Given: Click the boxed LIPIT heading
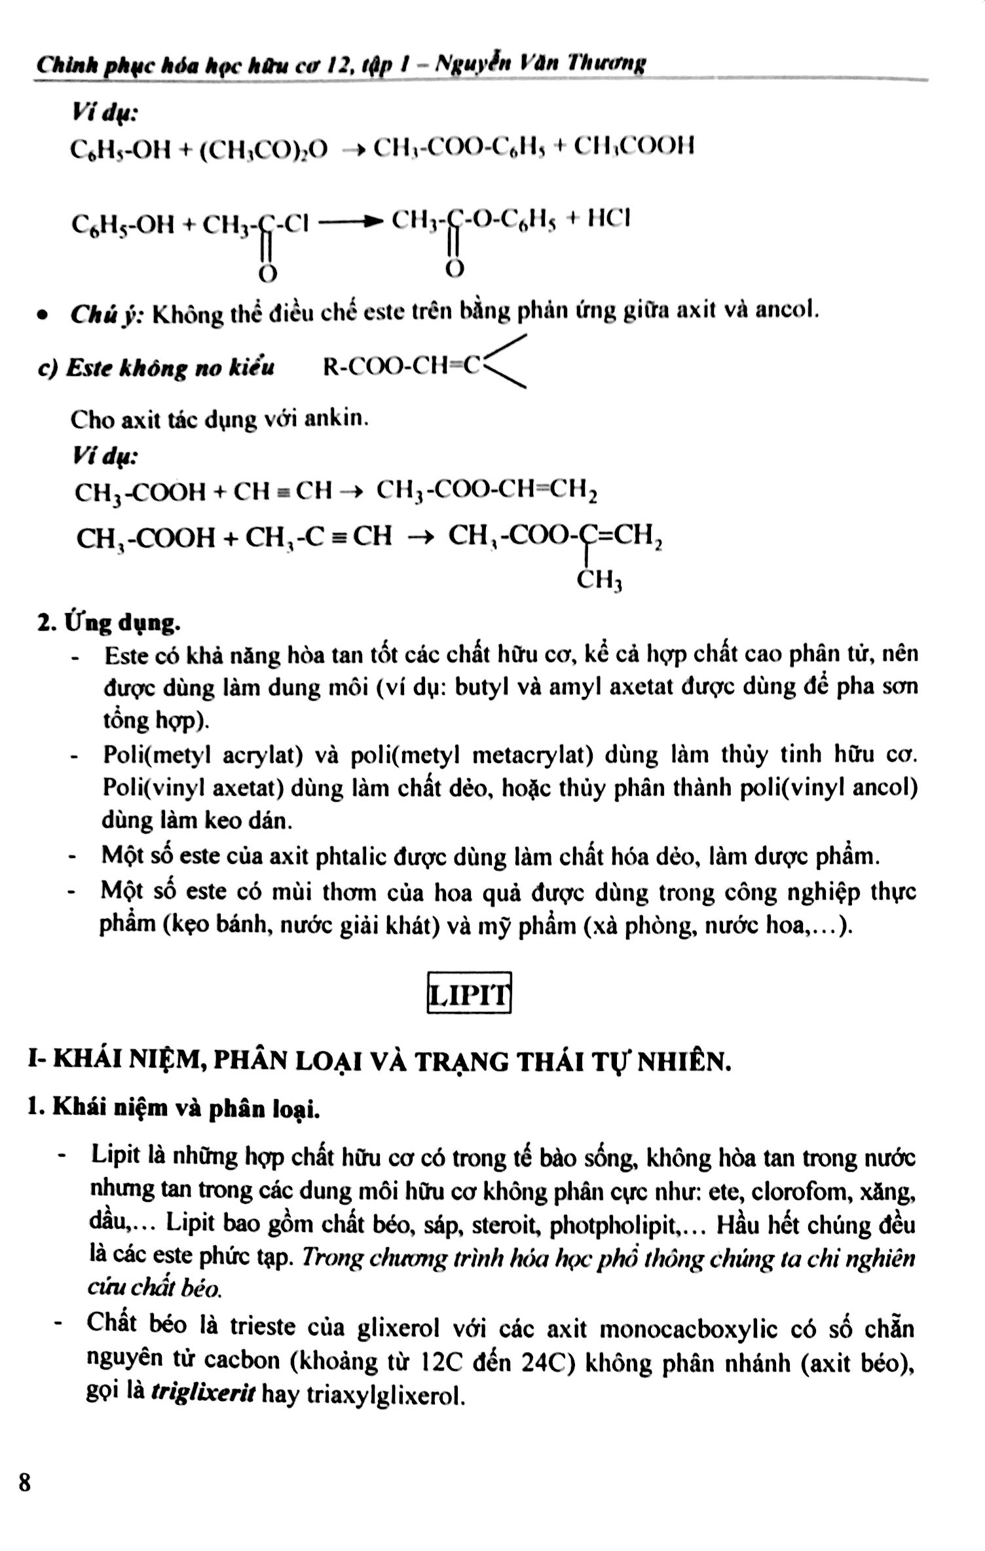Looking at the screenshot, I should [x=468, y=993].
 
